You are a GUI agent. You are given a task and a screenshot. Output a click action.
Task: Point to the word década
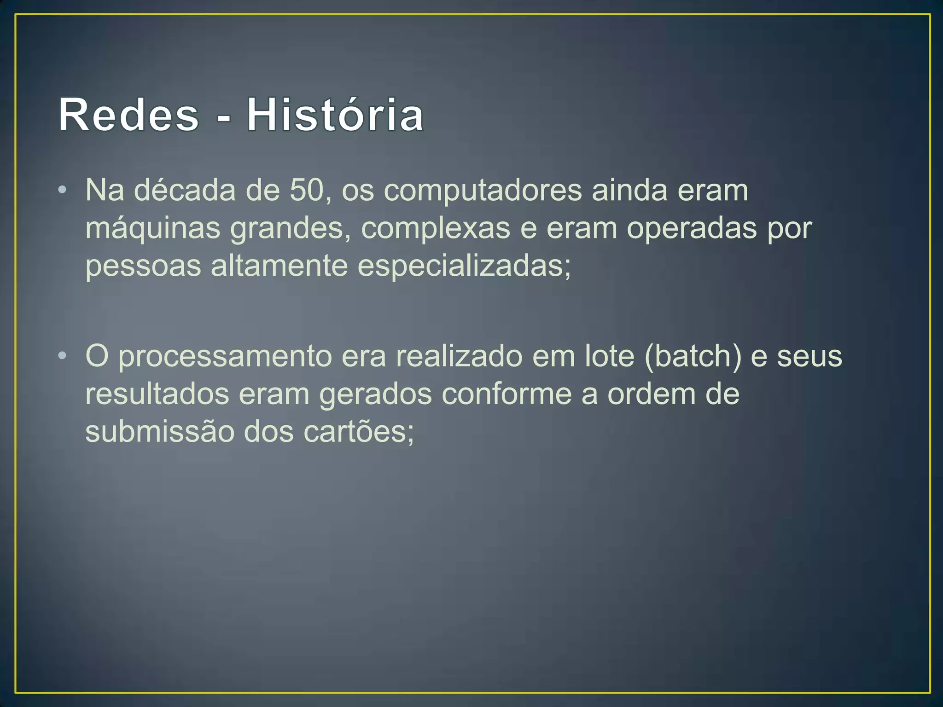185,190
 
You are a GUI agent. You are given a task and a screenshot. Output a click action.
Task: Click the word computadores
483,191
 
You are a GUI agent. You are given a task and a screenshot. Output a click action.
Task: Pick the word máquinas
153,229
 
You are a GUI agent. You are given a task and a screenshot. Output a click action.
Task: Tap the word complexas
436,229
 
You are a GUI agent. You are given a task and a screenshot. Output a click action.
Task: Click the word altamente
279,267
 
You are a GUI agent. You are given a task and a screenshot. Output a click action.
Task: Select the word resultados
157,394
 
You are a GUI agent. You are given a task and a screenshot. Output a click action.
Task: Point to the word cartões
355,432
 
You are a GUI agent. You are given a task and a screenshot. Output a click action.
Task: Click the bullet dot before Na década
63,190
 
